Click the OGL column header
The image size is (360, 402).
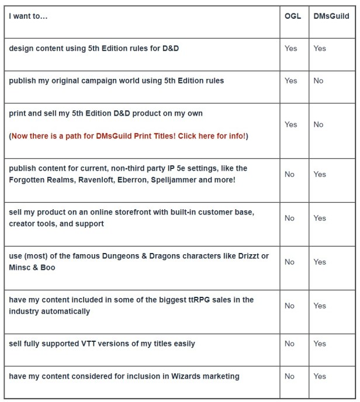pyautogui.click(x=293, y=16)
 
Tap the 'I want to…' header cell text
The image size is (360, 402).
pyautogui.click(x=28, y=16)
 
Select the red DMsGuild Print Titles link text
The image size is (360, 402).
pyautogui.click(x=129, y=136)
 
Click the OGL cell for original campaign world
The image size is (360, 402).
pyautogui.click(x=290, y=81)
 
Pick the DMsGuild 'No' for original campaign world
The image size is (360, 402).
pyautogui.click(x=318, y=81)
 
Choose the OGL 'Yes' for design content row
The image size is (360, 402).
pyautogui.click(x=290, y=48)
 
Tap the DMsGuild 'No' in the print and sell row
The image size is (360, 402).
pyautogui.click(x=318, y=124)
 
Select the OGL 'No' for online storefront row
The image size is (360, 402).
pyautogui.click(x=289, y=218)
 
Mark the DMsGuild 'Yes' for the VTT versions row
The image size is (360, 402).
pyautogui.click(x=320, y=344)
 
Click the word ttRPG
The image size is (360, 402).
pyautogui.click(x=192, y=300)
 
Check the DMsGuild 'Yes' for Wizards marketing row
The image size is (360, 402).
pyautogui.click(x=320, y=376)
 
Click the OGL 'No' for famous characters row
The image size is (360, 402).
pyautogui.click(x=289, y=262)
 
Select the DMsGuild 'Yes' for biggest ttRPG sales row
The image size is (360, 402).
pyautogui.click(x=320, y=306)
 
